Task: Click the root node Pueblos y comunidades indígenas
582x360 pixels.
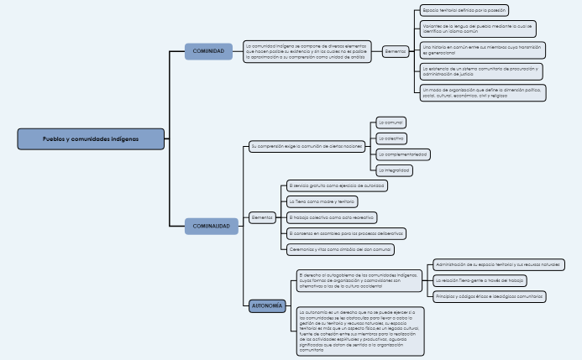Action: (x=92, y=138)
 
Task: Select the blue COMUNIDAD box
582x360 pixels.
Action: (x=208, y=51)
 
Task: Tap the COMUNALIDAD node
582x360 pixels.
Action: (x=211, y=226)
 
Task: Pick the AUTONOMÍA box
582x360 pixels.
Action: (x=267, y=305)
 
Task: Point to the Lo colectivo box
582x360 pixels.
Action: (x=392, y=138)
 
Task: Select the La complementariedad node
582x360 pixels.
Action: (x=404, y=154)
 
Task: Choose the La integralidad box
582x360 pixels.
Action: (x=395, y=170)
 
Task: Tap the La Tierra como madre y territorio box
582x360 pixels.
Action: (x=322, y=201)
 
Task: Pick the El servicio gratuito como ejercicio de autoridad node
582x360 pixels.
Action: (x=337, y=185)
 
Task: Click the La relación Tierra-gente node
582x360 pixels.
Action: (x=481, y=280)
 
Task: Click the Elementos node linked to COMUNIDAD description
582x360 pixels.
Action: (x=396, y=51)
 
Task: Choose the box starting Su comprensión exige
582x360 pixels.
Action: (x=307, y=147)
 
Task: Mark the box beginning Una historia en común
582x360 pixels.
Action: (x=483, y=50)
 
